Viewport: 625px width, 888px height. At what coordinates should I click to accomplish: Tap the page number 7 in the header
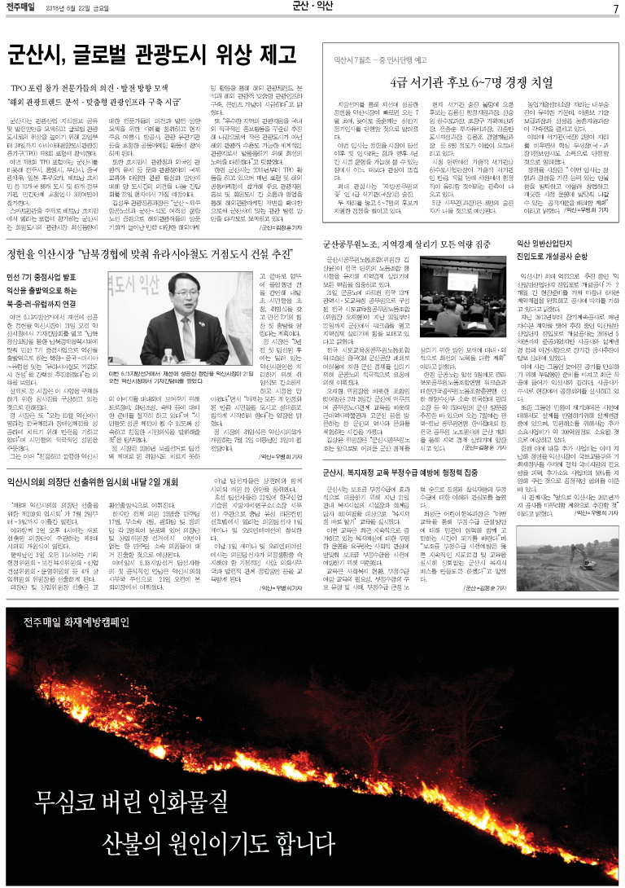pos(617,8)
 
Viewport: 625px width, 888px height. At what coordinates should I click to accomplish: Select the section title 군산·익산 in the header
pos(312,7)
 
